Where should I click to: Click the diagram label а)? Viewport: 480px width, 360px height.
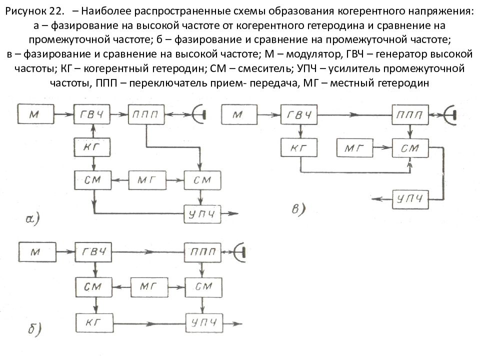[33, 219]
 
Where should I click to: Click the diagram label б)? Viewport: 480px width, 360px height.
[34, 329]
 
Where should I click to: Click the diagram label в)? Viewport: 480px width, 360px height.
[298, 209]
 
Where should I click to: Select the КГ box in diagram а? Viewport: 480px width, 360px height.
[92, 147]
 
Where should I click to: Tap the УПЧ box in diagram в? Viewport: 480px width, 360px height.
[410, 199]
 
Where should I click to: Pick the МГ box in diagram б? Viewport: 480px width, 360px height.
[149, 287]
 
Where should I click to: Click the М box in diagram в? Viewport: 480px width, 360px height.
[239, 114]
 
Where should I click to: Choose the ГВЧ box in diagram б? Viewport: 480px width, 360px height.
[93, 252]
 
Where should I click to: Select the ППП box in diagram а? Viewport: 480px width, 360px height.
[146, 114]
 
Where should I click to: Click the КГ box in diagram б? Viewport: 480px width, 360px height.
[94, 322]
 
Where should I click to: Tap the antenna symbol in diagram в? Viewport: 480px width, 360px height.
[450, 115]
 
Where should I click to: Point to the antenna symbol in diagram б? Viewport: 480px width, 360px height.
[239, 252]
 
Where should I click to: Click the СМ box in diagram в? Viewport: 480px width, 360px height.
[410, 148]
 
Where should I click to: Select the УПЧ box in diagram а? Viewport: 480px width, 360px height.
[202, 213]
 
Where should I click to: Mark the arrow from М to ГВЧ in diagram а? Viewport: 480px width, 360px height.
[64, 114]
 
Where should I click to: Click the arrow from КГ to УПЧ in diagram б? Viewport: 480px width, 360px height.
[149, 323]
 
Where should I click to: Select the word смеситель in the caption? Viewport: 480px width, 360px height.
[264, 68]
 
